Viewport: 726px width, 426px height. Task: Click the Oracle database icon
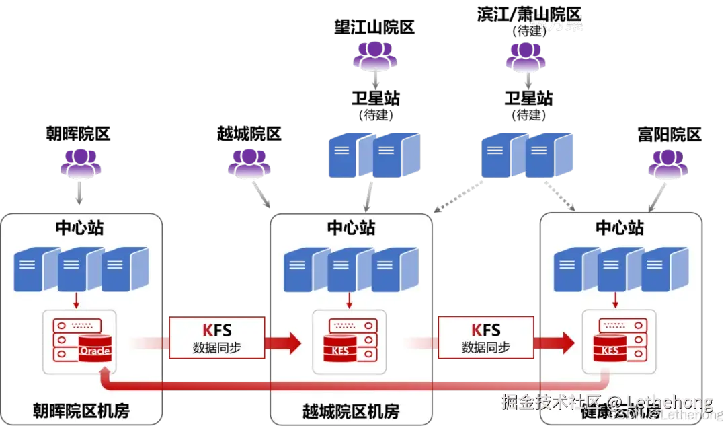pos(93,349)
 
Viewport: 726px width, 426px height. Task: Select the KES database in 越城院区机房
pos(341,349)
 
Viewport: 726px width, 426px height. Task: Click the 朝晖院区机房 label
pos(81,411)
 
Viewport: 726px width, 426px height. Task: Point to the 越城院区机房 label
pos(350,411)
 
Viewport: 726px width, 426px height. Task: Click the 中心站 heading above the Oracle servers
pos(80,227)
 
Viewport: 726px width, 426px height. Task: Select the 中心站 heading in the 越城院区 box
pos(351,227)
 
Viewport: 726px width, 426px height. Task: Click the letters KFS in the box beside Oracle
pos(216,330)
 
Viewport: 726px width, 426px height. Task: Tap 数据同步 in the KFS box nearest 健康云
pos(485,348)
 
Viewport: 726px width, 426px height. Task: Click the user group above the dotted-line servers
pos(526,59)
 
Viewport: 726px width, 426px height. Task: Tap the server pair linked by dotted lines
pos(528,155)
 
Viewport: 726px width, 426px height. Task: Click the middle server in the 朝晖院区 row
pos(81,269)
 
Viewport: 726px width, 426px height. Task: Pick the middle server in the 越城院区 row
pos(350,269)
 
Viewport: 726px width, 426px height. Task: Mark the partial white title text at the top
pos(556,24)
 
